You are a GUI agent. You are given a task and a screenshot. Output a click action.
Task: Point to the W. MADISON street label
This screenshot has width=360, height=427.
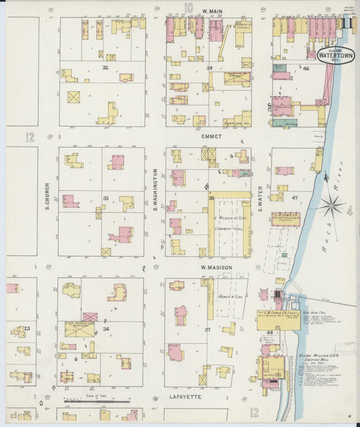(x=215, y=268)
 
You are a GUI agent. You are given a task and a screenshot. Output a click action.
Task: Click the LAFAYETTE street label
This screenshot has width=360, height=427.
(x=185, y=397)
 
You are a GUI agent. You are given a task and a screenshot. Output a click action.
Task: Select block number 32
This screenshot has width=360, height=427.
(x=105, y=68)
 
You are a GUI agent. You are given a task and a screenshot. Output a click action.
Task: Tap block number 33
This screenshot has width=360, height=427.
(x=105, y=198)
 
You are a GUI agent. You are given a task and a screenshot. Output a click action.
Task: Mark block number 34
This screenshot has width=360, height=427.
(x=105, y=329)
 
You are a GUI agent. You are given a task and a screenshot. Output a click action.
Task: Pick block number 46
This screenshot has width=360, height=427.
(x=305, y=69)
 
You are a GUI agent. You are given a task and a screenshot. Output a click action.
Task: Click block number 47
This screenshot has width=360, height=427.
(x=294, y=198)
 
